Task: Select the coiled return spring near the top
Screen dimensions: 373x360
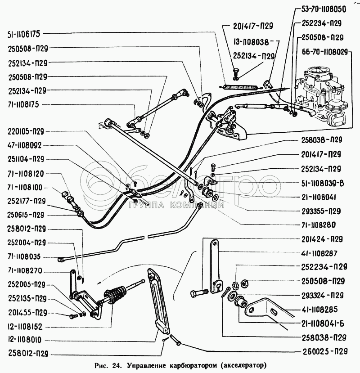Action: [x=241, y=83]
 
